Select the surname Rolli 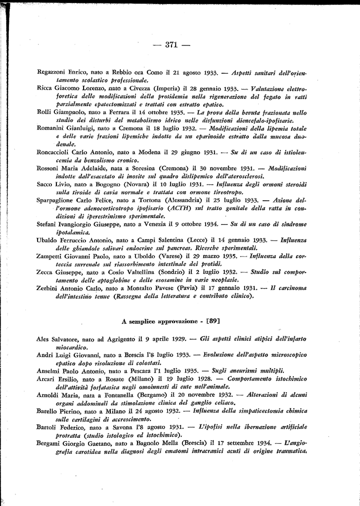tap(45, 112)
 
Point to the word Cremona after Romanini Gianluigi tap(134, 128)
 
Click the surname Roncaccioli tap(57, 152)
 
